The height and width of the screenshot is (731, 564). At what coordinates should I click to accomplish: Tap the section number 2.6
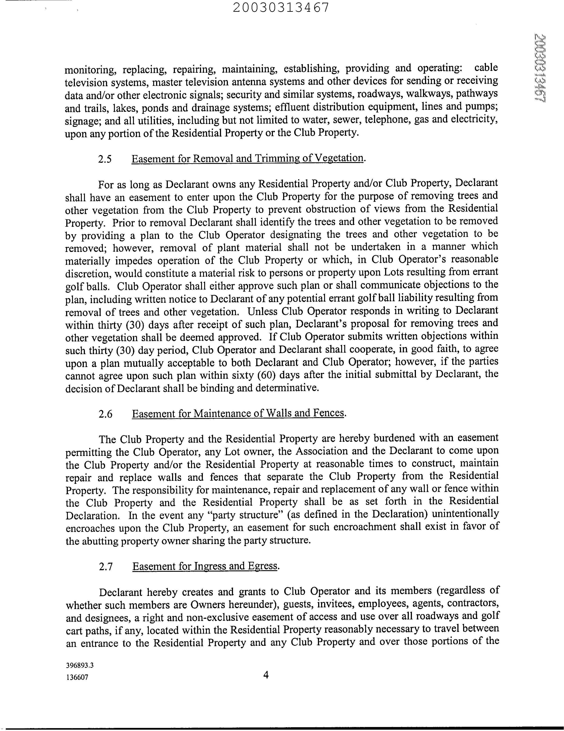[x=105, y=414]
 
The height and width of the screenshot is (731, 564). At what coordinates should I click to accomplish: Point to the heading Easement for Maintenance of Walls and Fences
[x=238, y=414]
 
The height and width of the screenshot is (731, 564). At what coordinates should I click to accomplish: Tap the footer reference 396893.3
[x=80, y=665]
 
